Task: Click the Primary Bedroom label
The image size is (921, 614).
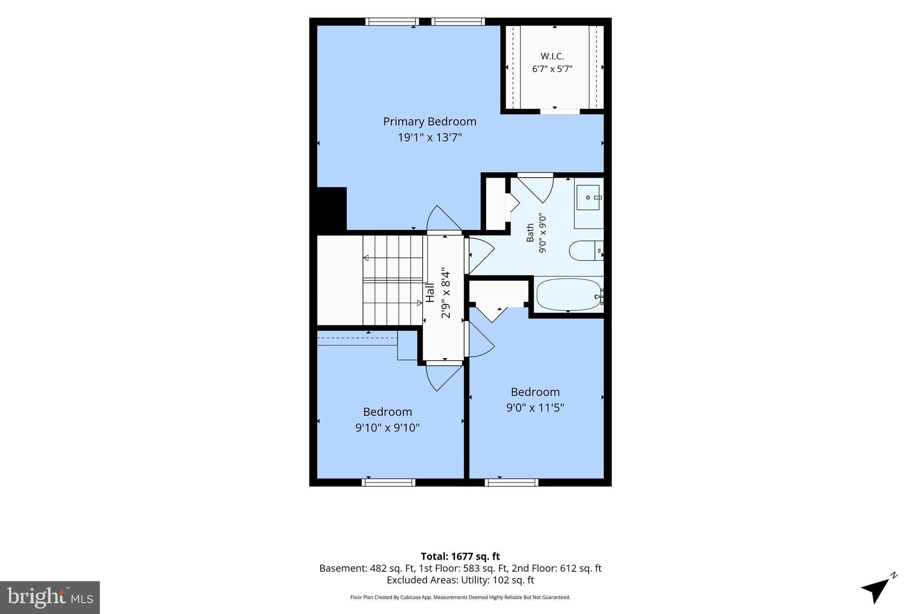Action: pyautogui.click(x=429, y=122)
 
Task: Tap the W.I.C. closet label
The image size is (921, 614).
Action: pyautogui.click(x=552, y=56)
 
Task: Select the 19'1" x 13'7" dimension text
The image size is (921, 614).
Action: pyautogui.click(x=429, y=137)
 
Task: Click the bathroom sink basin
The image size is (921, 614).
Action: pyautogui.click(x=588, y=197)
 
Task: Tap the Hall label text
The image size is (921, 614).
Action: pyautogui.click(x=430, y=293)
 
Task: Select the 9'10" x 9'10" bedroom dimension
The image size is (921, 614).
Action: pyautogui.click(x=387, y=427)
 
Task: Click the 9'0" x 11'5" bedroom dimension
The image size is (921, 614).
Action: pyautogui.click(x=535, y=408)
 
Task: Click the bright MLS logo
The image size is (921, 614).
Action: pyautogui.click(x=50, y=597)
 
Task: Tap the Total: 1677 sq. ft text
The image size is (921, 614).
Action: pyautogui.click(x=460, y=556)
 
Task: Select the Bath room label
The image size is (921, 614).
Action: pyautogui.click(x=530, y=233)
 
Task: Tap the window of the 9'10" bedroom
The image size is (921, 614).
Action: pyautogui.click(x=389, y=482)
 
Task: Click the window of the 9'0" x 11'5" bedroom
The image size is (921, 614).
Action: pyautogui.click(x=512, y=482)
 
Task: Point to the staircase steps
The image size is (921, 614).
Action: pyautogui.click(x=393, y=280)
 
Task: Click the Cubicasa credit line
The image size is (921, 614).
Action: pyautogui.click(x=460, y=597)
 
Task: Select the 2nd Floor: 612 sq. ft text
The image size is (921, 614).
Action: pyautogui.click(x=557, y=568)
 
